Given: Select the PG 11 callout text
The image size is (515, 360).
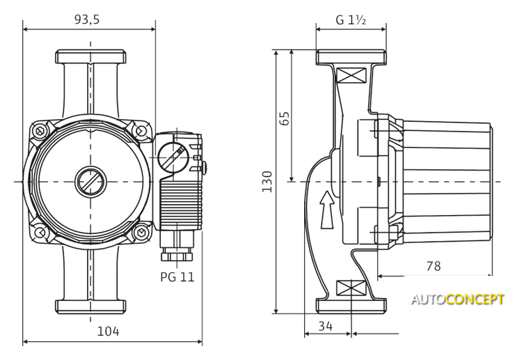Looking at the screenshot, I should tap(177, 276).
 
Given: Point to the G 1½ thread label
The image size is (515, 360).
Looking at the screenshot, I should tap(351, 19).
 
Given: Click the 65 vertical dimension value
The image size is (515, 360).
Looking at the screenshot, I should tap(284, 118).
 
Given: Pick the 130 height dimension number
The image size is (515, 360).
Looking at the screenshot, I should tap(267, 182).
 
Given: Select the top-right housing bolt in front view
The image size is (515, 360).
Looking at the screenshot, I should tap(141, 130).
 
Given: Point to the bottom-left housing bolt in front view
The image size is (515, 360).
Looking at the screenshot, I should tap(41, 232).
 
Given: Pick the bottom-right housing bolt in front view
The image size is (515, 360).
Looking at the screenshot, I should tap(141, 232).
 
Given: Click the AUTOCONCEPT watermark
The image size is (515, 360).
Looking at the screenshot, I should tap(457, 300).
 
